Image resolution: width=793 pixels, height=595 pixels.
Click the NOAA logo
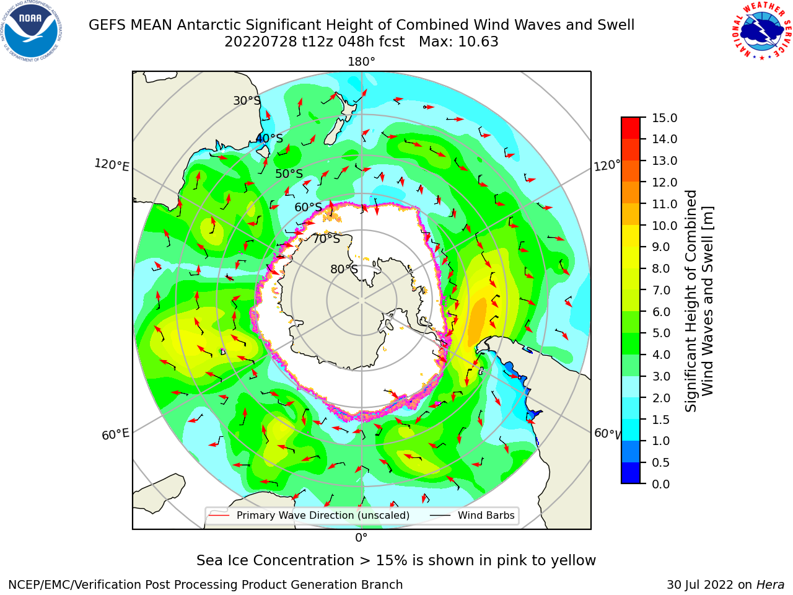click(31, 31)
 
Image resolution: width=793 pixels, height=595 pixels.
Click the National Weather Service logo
click(762, 30)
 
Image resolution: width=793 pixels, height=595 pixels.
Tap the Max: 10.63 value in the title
click(458, 42)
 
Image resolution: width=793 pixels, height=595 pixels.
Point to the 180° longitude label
click(361, 62)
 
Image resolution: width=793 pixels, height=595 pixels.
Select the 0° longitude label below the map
click(361, 537)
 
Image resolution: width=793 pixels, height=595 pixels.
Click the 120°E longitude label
click(112, 165)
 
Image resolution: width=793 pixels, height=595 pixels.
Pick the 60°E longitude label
click(115, 434)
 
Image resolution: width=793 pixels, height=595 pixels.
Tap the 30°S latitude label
click(247, 100)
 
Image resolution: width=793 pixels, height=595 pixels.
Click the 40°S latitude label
click(269, 138)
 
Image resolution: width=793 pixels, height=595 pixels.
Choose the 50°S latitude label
click(289, 174)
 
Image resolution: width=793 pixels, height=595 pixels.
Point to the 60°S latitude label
click(308, 207)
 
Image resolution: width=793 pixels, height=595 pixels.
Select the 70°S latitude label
click(326, 239)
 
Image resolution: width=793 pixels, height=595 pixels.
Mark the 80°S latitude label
click(344, 269)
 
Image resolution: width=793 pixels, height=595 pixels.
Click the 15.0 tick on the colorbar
click(664, 118)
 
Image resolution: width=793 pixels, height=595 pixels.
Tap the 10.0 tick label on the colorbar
click(664, 226)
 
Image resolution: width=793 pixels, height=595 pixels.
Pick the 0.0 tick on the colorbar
click(661, 484)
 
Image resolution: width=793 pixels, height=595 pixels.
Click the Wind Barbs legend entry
click(472, 515)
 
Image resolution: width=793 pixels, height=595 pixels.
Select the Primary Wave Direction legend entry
click(309, 515)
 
